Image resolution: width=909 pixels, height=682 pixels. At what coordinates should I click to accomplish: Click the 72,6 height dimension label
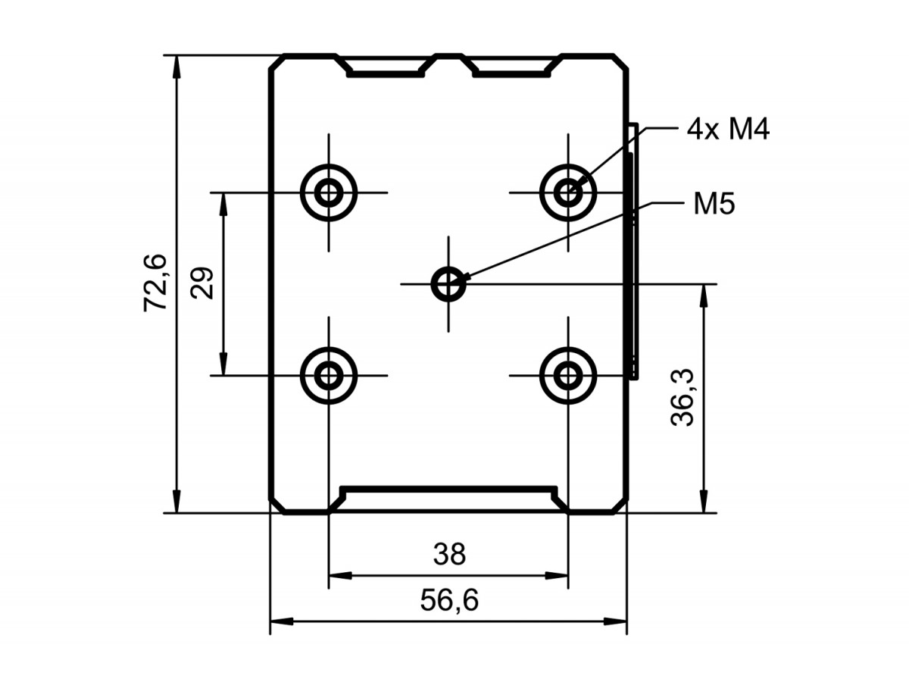[155, 283]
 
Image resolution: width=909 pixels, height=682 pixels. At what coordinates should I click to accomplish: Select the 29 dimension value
[201, 283]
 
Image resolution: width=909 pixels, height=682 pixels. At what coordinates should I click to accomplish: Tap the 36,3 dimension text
[682, 397]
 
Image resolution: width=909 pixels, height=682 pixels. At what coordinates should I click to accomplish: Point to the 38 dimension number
[449, 555]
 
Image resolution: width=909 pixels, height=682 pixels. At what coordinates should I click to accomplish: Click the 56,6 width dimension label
[449, 600]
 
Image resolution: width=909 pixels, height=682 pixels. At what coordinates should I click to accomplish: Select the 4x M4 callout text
[728, 130]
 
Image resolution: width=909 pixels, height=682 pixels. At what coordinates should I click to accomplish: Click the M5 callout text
[714, 204]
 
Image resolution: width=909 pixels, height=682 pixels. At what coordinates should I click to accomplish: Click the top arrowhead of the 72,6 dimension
[176, 65]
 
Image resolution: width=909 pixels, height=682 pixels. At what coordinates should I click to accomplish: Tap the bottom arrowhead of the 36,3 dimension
[703, 502]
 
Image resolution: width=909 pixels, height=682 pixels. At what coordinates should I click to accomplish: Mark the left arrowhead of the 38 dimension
[340, 575]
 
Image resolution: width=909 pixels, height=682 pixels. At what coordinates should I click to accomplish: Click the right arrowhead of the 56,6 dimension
[615, 621]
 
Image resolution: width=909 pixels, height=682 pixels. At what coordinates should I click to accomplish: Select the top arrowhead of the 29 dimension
[223, 204]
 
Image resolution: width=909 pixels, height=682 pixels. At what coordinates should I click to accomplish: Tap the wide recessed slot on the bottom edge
[448, 489]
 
